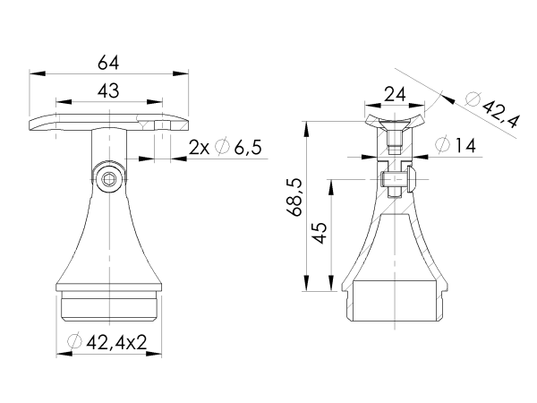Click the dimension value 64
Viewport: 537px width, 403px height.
pyautogui.click(x=108, y=63)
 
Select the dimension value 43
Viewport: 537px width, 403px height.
pyautogui.click(x=108, y=90)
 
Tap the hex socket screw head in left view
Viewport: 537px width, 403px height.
pyautogui.click(x=108, y=180)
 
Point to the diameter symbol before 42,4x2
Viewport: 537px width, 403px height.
pyautogui.click(x=75, y=342)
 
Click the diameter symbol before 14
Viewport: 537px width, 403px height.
pyautogui.click(x=439, y=145)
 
